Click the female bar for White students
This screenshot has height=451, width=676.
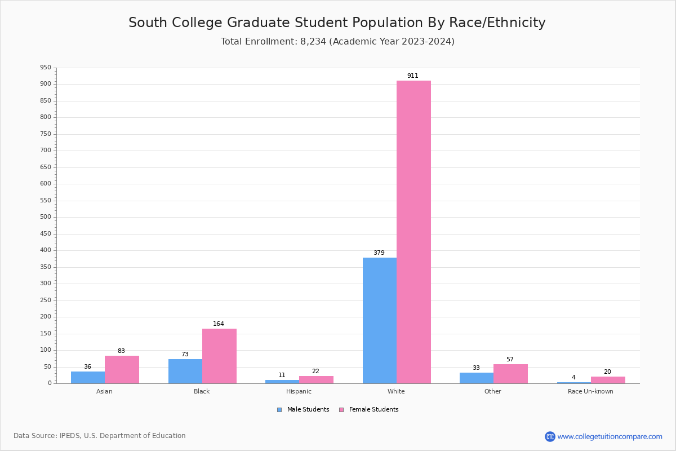[413, 232]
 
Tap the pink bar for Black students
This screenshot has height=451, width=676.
[219, 356]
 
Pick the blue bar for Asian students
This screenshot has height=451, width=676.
[88, 377]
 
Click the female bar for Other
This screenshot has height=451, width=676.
[510, 374]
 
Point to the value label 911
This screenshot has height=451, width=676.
[413, 76]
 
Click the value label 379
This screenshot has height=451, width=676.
[379, 253]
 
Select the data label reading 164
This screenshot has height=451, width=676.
[219, 324]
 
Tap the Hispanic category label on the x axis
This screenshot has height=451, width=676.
[299, 391]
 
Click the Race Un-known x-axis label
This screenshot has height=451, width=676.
[590, 391]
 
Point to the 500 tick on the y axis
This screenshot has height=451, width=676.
[45, 217]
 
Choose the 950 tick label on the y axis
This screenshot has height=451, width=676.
[45, 68]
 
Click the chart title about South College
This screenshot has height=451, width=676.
[337, 23]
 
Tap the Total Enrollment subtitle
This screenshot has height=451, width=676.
[337, 42]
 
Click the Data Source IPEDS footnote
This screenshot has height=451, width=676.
[100, 436]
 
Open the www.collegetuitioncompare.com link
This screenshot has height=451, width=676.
[610, 436]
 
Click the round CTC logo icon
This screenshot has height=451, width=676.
[550, 436]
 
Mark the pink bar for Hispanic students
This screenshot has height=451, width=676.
[316, 379]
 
